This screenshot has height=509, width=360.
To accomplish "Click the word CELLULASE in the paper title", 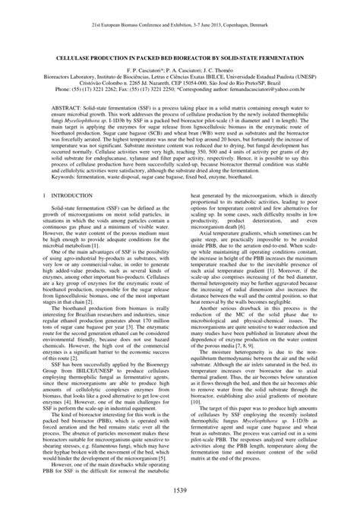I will click(x=83, y=58).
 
